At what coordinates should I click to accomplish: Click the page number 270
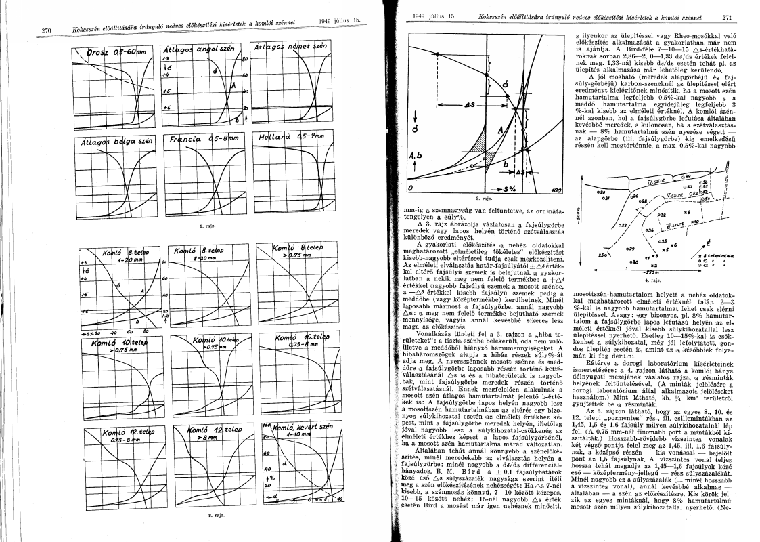tap(47, 30)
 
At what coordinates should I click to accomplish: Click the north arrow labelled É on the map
tap(707, 242)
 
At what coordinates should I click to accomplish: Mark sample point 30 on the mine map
tap(633, 261)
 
